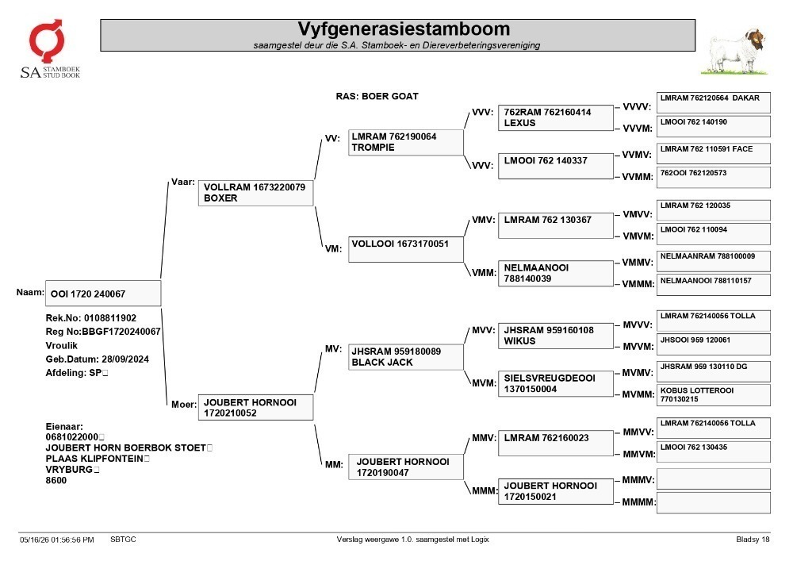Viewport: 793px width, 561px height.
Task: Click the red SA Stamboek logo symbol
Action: point(47,40)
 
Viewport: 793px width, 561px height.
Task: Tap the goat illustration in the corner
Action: point(734,52)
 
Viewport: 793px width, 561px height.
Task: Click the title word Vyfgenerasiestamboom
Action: point(404,29)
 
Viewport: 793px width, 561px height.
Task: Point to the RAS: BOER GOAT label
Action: point(377,96)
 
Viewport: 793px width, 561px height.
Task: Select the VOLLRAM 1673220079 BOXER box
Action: point(255,193)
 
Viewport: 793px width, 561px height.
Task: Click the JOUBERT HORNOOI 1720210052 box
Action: point(255,407)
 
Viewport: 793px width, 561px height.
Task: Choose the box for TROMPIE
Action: point(405,142)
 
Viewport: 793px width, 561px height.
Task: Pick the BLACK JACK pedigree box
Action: point(405,357)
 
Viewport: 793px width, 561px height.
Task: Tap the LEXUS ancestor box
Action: point(555,118)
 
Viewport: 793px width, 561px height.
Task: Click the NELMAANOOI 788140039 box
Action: point(555,273)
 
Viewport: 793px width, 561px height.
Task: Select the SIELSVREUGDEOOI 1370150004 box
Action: point(555,383)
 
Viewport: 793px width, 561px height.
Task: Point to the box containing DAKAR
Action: point(714,102)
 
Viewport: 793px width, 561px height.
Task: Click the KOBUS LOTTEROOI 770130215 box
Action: point(714,395)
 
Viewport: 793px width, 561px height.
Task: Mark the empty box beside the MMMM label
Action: point(714,503)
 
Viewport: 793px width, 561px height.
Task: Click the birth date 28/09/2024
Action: point(125,359)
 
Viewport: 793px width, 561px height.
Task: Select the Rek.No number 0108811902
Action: point(110,318)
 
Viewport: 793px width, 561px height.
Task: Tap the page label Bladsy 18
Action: point(753,540)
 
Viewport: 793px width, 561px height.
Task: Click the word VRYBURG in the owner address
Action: point(69,470)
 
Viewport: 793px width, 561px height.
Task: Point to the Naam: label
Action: point(30,292)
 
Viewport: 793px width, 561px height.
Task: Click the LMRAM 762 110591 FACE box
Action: point(714,153)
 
